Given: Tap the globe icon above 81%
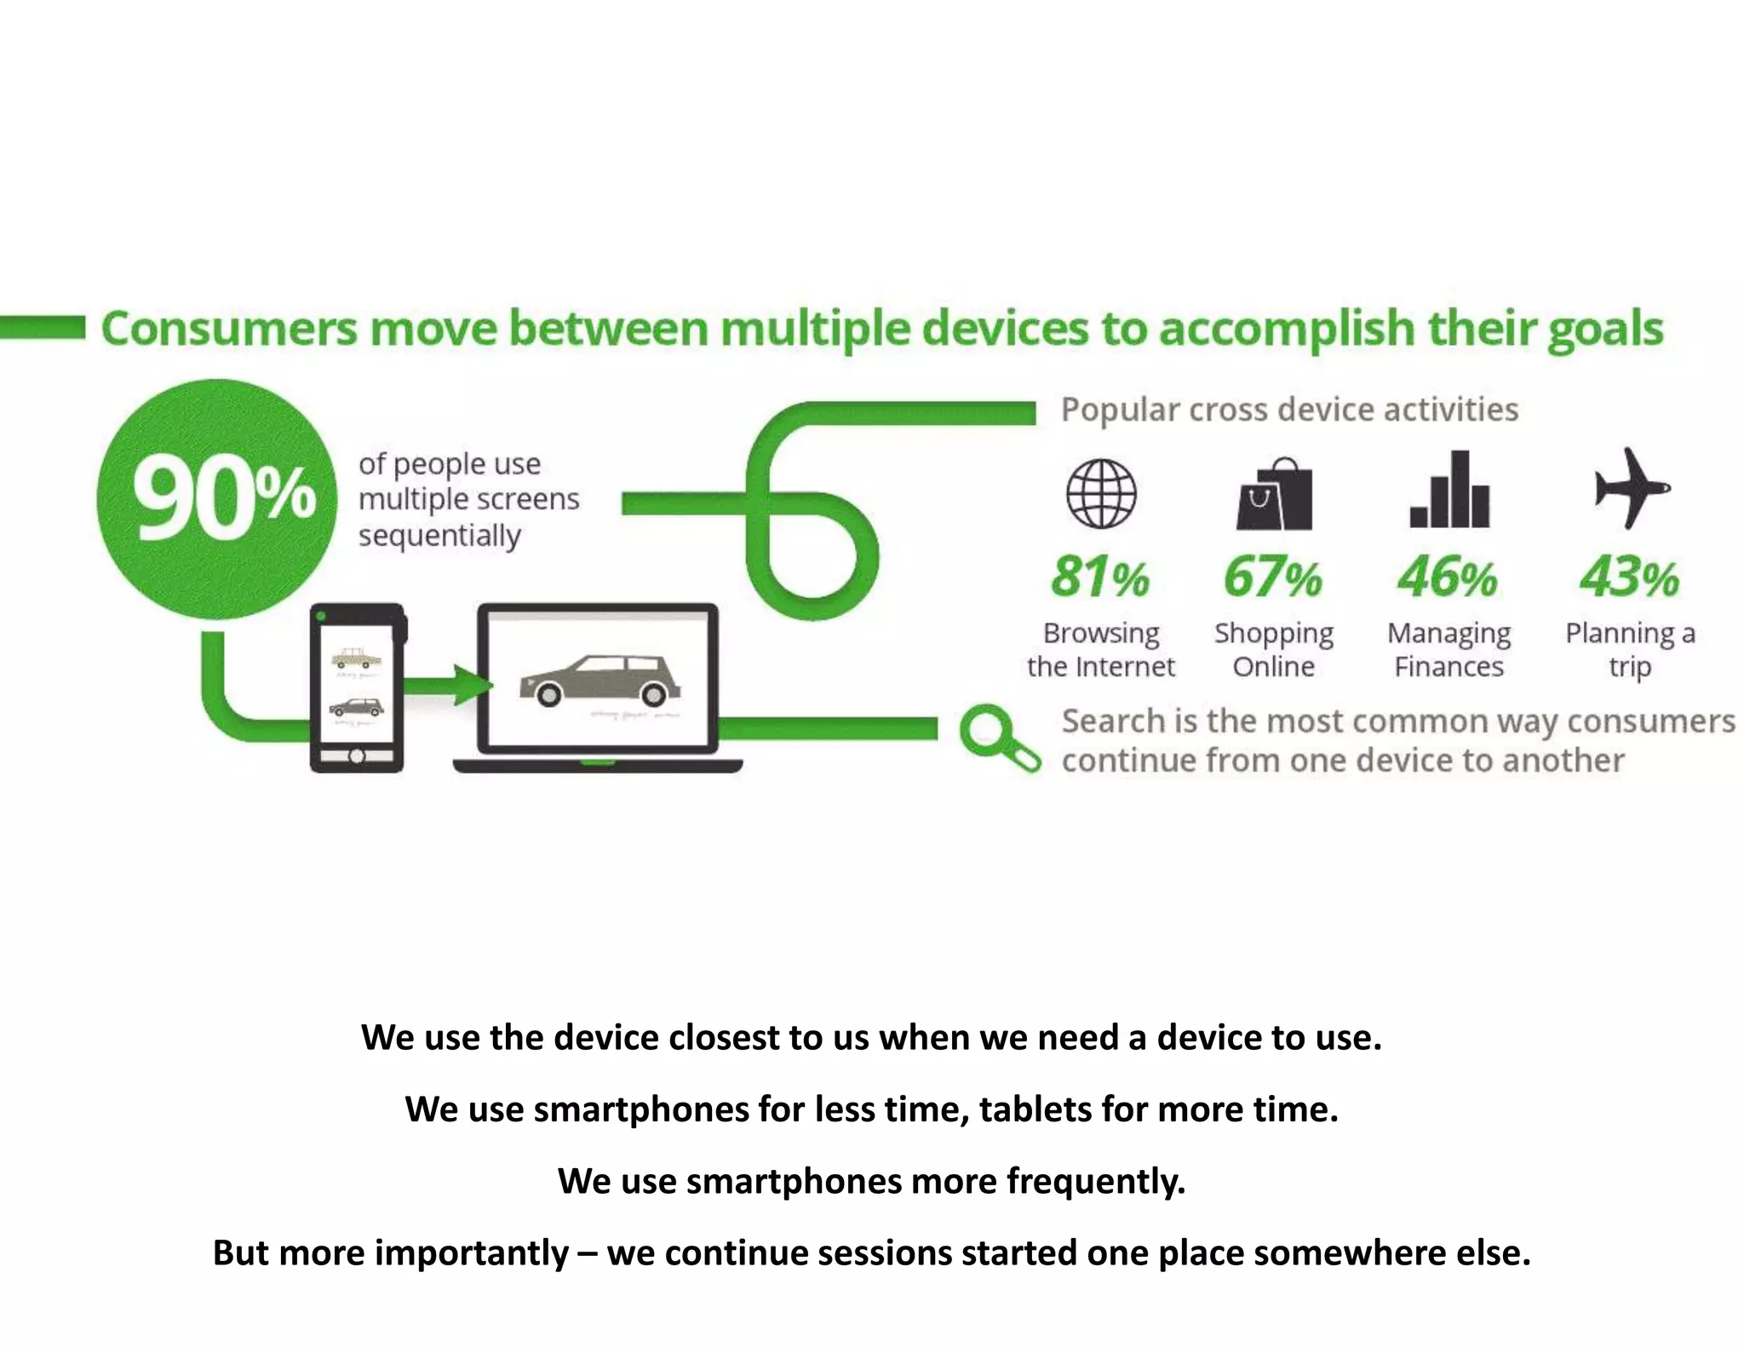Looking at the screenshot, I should pyautogui.click(x=1101, y=494).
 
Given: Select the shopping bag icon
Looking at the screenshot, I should pyautogui.click(x=1274, y=495).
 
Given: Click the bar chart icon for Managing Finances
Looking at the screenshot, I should pyautogui.click(x=1449, y=490).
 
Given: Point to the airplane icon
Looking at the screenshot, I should pyautogui.click(x=1630, y=488).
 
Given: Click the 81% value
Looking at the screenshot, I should pyautogui.click(x=1100, y=577).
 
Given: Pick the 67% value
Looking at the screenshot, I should pyautogui.click(x=1273, y=577).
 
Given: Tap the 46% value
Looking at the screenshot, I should pyautogui.click(x=1448, y=577).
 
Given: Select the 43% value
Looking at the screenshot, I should pyautogui.click(x=1629, y=577).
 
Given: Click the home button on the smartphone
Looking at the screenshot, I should pyautogui.click(x=357, y=756).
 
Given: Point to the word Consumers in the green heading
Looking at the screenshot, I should pyautogui.click(x=229, y=330).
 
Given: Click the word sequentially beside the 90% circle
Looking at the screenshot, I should pyautogui.click(x=439, y=536).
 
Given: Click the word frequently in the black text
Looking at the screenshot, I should pyautogui.click(x=1096, y=1182).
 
